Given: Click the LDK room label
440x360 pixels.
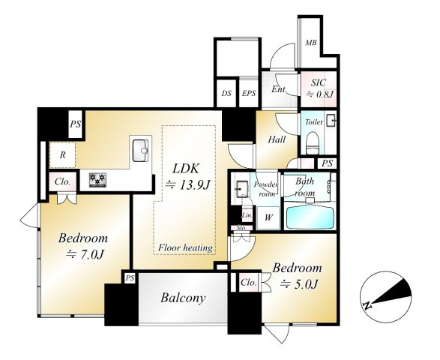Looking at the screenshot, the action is [x=186, y=169].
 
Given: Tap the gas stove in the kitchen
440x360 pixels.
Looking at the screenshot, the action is [x=97, y=180].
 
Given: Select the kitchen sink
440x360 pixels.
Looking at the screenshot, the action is [x=141, y=151].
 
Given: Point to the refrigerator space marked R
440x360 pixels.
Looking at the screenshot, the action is [x=62, y=155].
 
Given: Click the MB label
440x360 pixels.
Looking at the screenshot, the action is [x=311, y=43].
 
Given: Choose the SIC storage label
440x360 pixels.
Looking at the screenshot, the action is [x=319, y=82].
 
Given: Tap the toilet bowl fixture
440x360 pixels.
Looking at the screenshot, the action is [x=313, y=143].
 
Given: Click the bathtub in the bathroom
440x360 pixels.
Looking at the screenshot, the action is [x=310, y=218].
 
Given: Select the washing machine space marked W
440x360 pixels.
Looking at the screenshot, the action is [x=268, y=217].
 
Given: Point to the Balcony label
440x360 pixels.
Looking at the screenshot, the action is [x=183, y=298].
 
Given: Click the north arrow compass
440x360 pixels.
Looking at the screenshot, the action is [x=386, y=296].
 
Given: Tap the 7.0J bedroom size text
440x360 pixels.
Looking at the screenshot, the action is [x=85, y=255].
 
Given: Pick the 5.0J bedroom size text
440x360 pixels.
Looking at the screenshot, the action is [x=299, y=284].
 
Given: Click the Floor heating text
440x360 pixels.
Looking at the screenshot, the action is [x=185, y=247].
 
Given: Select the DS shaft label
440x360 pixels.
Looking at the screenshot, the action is [x=226, y=94].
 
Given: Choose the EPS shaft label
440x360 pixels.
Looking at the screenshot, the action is [x=249, y=94].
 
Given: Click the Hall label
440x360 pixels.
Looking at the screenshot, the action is [x=277, y=139].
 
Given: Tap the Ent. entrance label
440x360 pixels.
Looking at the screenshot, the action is [x=279, y=89].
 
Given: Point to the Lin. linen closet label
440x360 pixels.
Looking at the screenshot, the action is [x=247, y=216].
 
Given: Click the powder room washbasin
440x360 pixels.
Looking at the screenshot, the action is [x=241, y=189].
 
